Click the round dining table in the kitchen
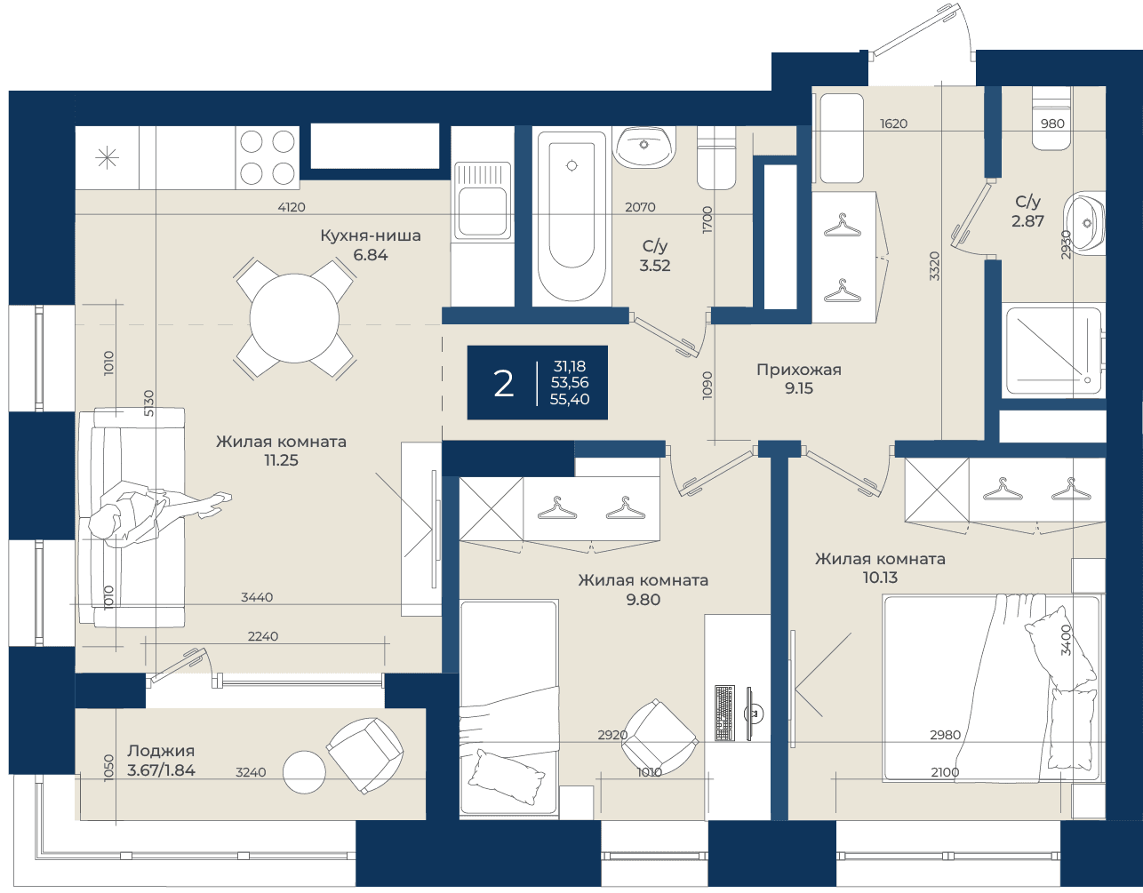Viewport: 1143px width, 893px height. pyautogui.click(x=294, y=318)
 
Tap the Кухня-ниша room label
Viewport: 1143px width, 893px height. pyautogui.click(x=371, y=235)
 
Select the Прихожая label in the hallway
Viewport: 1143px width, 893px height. pyautogui.click(x=798, y=370)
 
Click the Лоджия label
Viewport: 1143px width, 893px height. pyautogui.click(x=161, y=751)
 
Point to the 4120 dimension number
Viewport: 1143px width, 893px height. pyautogui.click(x=292, y=207)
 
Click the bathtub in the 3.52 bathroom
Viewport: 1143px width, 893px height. pyautogui.click(x=571, y=217)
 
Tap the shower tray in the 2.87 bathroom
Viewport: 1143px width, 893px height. pyautogui.click(x=1052, y=352)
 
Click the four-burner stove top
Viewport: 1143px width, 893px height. pyautogui.click(x=268, y=157)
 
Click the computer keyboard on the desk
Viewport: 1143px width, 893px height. pyautogui.click(x=724, y=713)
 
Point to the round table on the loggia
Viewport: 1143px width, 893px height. pyautogui.click(x=304, y=771)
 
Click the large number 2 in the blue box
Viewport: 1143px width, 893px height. pyautogui.click(x=503, y=384)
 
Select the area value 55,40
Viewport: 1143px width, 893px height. pyautogui.click(x=570, y=400)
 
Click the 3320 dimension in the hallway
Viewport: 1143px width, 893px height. pyautogui.click(x=934, y=266)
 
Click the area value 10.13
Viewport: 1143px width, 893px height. pyautogui.click(x=880, y=578)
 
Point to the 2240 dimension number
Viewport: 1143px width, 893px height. pyautogui.click(x=263, y=636)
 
